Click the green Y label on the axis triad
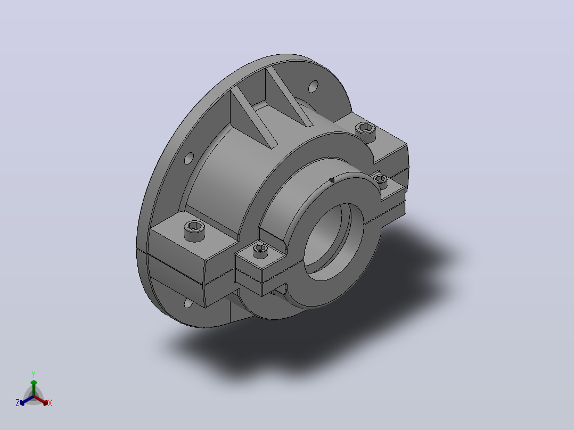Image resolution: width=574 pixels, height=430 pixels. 34,374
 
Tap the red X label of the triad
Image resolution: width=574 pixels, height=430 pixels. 50,403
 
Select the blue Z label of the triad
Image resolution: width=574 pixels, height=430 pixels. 17,402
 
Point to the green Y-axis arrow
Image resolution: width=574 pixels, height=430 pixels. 34,388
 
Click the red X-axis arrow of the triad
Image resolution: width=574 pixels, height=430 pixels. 41,400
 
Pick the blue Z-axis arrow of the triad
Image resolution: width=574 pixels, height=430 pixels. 27,400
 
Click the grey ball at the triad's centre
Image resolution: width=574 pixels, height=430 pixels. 34,396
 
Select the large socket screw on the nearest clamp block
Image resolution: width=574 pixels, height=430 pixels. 194,230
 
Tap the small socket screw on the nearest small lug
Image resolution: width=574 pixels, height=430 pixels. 260,251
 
